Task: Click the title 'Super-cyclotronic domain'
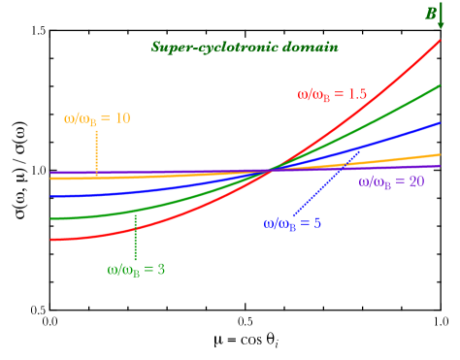[x=245, y=47]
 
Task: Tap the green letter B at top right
[x=430, y=14]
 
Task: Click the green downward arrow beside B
[x=442, y=16]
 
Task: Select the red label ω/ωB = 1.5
[x=332, y=94]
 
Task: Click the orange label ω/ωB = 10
[x=97, y=118]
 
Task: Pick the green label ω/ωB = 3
[x=136, y=269]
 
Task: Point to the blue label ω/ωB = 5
[x=292, y=222]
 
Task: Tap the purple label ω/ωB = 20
[x=391, y=181]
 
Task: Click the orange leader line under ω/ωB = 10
[x=96, y=151]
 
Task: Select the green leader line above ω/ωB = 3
[x=135, y=237]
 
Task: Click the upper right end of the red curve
[x=440, y=41]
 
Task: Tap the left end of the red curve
[x=51, y=240]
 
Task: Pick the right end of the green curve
[x=440, y=85]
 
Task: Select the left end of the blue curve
[x=51, y=196]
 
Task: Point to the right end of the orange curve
[x=440, y=154]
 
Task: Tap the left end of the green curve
[x=51, y=218]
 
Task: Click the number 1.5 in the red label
[x=357, y=94]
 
